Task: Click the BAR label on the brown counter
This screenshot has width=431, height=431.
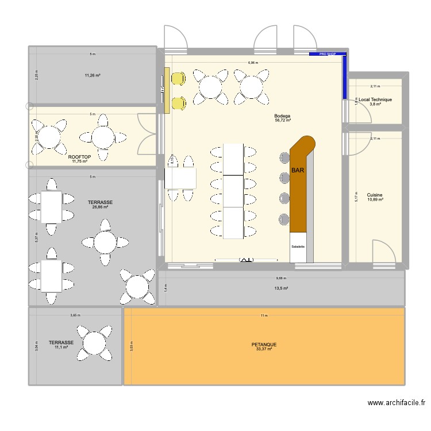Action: [x=298, y=171]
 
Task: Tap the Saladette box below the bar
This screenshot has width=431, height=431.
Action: [x=298, y=247]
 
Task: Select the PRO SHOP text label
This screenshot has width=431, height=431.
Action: [x=327, y=55]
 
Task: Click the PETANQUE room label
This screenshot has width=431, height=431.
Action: [x=264, y=345]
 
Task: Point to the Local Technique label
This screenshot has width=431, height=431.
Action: [x=375, y=99]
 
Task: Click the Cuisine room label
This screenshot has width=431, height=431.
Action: [x=375, y=195]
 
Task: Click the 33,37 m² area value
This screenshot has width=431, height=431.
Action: [x=264, y=349]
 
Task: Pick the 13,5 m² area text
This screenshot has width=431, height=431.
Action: [x=281, y=288]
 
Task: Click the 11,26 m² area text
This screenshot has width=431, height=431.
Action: [x=92, y=75]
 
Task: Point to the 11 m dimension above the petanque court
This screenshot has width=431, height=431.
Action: [x=264, y=315]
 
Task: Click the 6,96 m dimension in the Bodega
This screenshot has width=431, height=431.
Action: [x=253, y=63]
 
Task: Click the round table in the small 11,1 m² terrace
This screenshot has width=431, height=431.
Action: [x=93, y=343]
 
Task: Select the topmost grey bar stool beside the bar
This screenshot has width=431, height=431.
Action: [x=284, y=157]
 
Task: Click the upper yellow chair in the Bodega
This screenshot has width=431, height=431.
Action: [x=178, y=79]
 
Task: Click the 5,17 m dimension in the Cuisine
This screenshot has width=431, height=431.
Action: [x=356, y=197]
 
